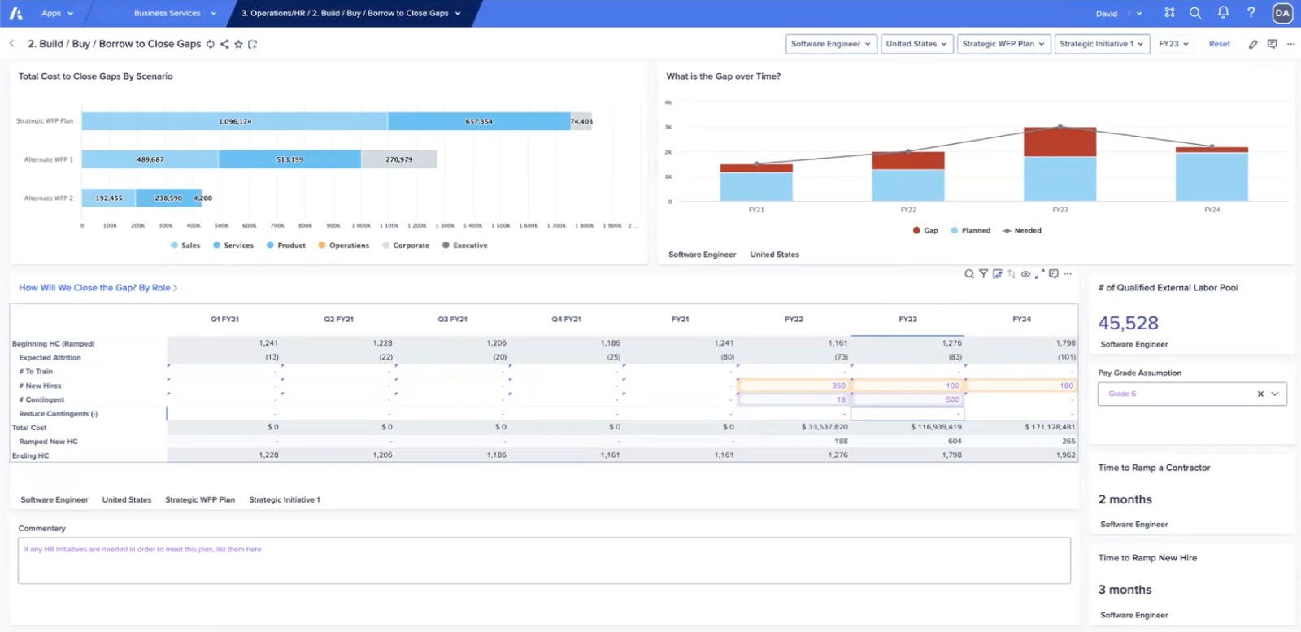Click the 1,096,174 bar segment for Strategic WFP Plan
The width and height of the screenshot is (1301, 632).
(x=234, y=121)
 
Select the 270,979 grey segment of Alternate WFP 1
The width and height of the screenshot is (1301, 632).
(x=398, y=159)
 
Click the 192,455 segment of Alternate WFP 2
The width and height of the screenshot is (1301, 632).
(x=108, y=198)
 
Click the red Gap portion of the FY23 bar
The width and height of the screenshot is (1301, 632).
(x=1059, y=142)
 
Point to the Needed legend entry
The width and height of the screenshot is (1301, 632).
(x=1022, y=230)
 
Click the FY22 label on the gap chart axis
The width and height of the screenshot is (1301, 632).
(x=907, y=210)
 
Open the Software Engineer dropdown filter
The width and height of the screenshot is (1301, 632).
(x=831, y=44)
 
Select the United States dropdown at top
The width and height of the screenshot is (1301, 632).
(x=916, y=44)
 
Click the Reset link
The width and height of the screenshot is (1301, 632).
(x=1219, y=44)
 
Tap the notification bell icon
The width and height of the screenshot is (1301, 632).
(x=1222, y=13)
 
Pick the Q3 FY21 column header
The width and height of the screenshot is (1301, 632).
(x=452, y=319)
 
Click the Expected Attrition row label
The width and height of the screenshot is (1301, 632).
(x=50, y=357)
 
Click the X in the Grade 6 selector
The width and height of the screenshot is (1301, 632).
(x=1260, y=394)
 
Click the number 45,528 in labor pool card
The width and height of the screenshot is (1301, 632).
(x=1128, y=323)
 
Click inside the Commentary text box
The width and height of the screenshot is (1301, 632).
(x=543, y=561)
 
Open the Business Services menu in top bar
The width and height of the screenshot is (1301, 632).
(x=174, y=13)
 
